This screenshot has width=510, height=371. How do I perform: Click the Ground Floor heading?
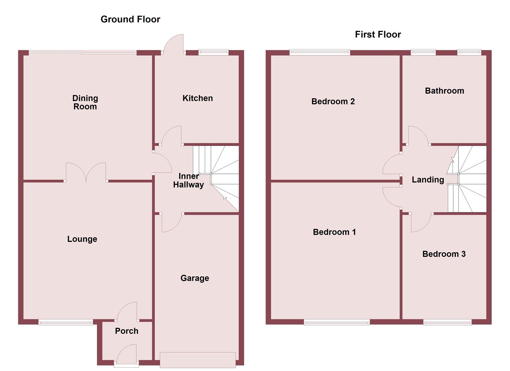click(x=130, y=19)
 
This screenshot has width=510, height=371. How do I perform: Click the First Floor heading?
click(x=378, y=34)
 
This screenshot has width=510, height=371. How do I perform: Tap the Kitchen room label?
click(x=197, y=98)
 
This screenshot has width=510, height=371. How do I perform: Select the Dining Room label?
click(x=85, y=102)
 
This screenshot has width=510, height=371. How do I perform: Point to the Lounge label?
click(x=82, y=239)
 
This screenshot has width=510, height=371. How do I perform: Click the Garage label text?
click(x=195, y=278)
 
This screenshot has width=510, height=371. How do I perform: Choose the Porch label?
click(x=126, y=331)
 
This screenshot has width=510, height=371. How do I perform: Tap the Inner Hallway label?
click(x=188, y=180)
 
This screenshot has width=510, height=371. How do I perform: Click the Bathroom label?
click(x=444, y=91)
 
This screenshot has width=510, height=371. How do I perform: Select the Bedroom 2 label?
click(x=333, y=101)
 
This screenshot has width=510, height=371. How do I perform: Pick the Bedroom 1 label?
click(x=334, y=232)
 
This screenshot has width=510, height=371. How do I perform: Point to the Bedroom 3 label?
click(x=444, y=254)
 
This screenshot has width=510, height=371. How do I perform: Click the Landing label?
click(x=428, y=180)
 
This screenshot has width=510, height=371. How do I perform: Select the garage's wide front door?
click(x=197, y=360)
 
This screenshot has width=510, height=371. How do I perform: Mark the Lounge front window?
click(x=66, y=322)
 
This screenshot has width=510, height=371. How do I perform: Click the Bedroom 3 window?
click(x=447, y=322)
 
